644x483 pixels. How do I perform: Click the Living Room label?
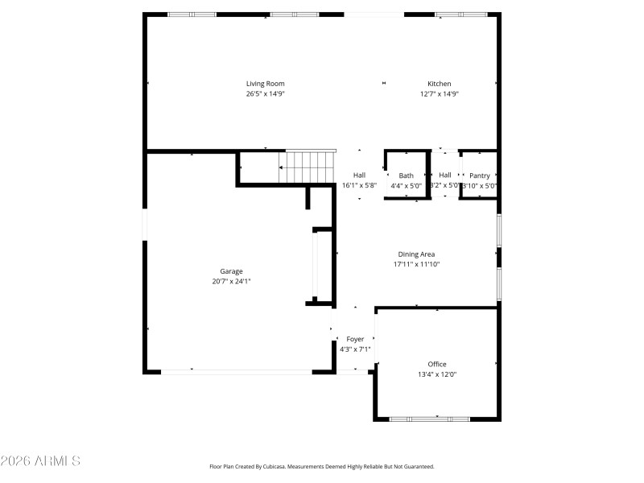tap(265, 84)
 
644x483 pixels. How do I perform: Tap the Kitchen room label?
tap(439, 84)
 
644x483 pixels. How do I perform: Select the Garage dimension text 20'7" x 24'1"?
tap(232, 281)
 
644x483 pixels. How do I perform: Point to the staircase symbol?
tap(308, 167)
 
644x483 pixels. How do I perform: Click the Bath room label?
tap(406, 175)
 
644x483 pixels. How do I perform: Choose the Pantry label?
tap(480, 175)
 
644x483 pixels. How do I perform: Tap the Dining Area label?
tap(416, 254)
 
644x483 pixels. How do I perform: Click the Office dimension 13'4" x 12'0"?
tap(437, 374)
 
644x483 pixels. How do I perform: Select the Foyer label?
tap(355, 340)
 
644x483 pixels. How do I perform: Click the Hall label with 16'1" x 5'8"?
tap(360, 175)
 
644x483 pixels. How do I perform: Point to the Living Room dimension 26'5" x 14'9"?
tap(265, 94)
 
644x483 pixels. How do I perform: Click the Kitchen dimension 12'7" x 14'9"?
tap(439, 94)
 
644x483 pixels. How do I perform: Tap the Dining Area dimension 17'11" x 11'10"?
tap(416, 264)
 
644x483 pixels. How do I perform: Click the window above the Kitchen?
tap(461, 14)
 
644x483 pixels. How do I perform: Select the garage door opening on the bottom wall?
tap(237, 371)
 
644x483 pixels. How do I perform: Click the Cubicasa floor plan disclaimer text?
tap(321, 466)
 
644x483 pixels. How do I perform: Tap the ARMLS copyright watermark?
tap(40, 461)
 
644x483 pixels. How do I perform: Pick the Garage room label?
tap(232, 271)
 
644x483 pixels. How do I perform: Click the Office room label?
tap(437, 364)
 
